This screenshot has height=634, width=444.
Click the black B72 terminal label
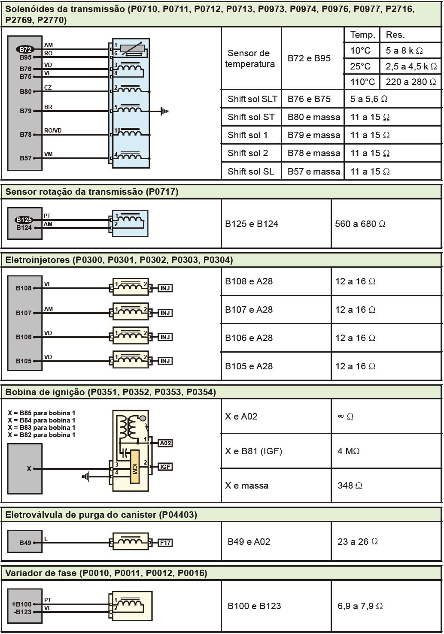[x=25, y=50]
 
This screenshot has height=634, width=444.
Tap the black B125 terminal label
[x=24, y=220]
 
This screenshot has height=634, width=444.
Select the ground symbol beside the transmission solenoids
[x=164, y=111]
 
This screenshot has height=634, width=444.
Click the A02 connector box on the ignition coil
[x=165, y=443]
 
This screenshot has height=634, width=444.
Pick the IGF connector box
[x=165, y=467]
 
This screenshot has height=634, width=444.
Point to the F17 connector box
[x=165, y=543]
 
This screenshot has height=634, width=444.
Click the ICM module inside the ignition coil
[x=135, y=467]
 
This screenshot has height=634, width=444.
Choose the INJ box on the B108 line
[x=165, y=288]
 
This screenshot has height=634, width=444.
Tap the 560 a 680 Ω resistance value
[x=360, y=224]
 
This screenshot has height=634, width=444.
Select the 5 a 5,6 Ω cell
[x=368, y=99]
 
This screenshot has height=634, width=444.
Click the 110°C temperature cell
[x=362, y=82]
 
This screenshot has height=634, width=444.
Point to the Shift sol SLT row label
[x=252, y=99]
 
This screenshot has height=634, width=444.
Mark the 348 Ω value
[x=350, y=486]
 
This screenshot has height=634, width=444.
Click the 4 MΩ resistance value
[x=348, y=451]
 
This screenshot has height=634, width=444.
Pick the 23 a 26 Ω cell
[x=357, y=542]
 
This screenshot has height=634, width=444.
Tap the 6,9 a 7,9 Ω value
[x=360, y=606]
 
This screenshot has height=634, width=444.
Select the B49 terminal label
[x=25, y=543]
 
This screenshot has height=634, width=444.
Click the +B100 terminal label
[x=21, y=604]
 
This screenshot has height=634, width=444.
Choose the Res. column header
[x=395, y=35]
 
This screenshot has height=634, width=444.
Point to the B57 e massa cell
[x=313, y=172]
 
